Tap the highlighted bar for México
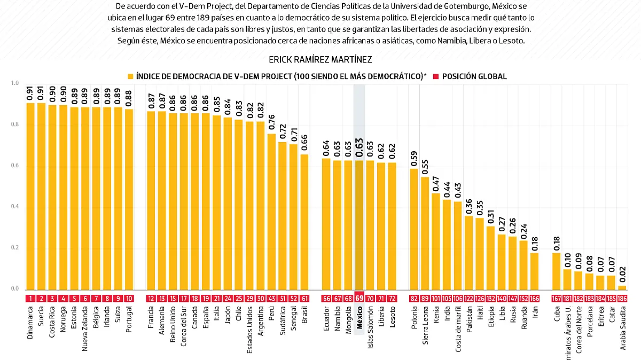click(x=359, y=225)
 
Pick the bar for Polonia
click(x=414, y=229)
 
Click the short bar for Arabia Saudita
click(x=622, y=287)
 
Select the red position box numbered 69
click(x=359, y=299)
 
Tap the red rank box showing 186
click(x=622, y=299)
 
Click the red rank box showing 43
click(x=271, y=299)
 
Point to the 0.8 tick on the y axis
click(x=14, y=124)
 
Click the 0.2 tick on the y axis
click(x=14, y=248)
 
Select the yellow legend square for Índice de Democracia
click(x=130, y=76)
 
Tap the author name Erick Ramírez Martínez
click(x=320, y=59)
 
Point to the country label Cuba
click(x=557, y=315)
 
